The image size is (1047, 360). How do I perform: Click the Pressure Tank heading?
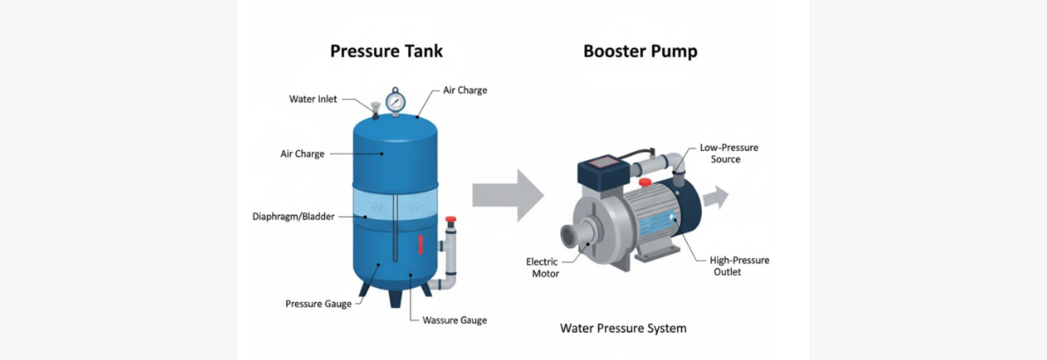tap(386, 51)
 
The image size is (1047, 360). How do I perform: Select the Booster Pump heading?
tap(639, 51)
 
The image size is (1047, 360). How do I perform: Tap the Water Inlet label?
tap(313, 99)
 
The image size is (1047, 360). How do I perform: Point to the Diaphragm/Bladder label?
tap(292, 216)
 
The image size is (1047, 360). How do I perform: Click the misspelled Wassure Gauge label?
tap(454, 320)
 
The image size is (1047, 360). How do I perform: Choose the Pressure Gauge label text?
tap(318, 304)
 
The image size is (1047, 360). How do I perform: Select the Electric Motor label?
tap(542, 268)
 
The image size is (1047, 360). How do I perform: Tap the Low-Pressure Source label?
tap(728, 154)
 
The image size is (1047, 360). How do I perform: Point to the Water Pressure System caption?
tap(623, 328)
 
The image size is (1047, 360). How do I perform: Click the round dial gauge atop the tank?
tap(395, 100)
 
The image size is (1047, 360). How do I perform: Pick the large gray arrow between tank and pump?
tap(508, 195)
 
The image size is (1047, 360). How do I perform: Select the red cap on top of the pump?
tap(645, 182)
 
